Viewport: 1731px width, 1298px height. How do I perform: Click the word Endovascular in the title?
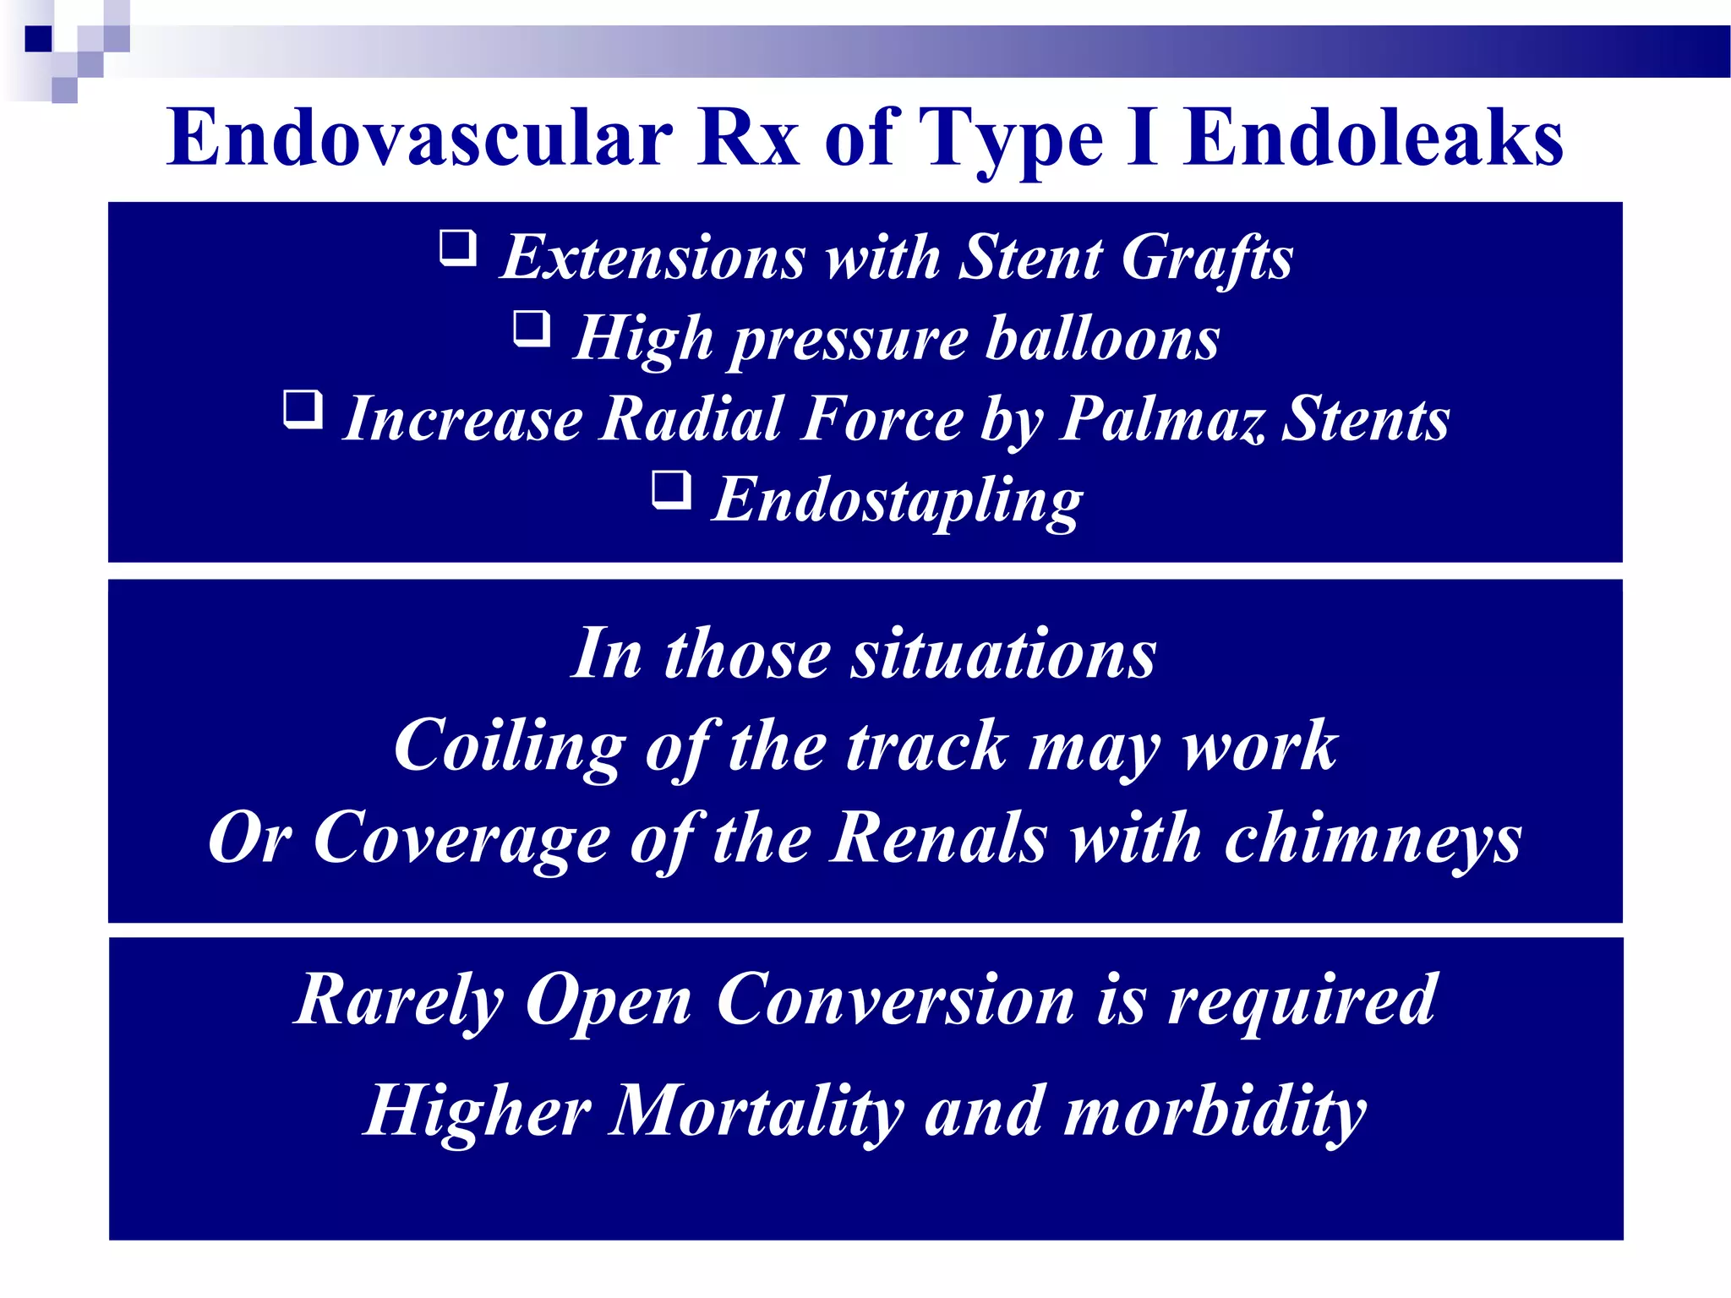click(x=419, y=139)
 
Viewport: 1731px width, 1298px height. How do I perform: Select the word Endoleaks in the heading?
click(x=1373, y=139)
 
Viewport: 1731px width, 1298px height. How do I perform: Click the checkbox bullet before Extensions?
click(x=458, y=249)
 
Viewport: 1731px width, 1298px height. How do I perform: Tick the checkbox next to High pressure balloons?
click(x=532, y=330)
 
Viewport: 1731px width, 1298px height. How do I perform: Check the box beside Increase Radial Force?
click(x=303, y=411)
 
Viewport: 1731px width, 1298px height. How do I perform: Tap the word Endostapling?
click(x=897, y=500)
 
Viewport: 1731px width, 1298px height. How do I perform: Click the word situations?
click(x=1003, y=654)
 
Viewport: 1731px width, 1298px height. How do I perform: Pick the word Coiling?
click(x=510, y=747)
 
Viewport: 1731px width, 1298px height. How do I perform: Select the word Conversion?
click(x=895, y=1001)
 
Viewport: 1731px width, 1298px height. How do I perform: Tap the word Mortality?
click(x=756, y=1111)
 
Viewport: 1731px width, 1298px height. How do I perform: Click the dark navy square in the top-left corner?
click(x=38, y=39)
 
